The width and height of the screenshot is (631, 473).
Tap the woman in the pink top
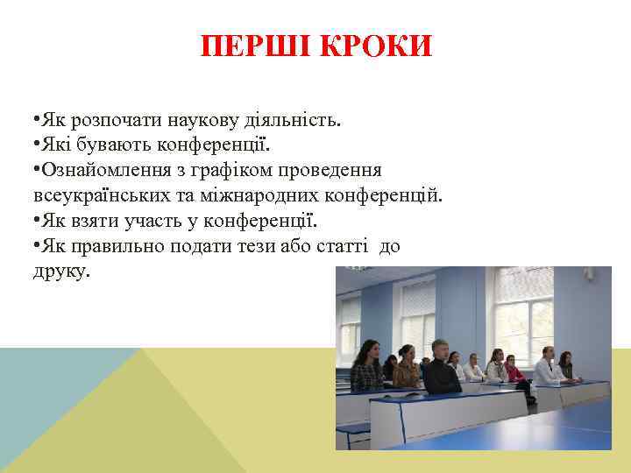pyautogui.click(x=514, y=371)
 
